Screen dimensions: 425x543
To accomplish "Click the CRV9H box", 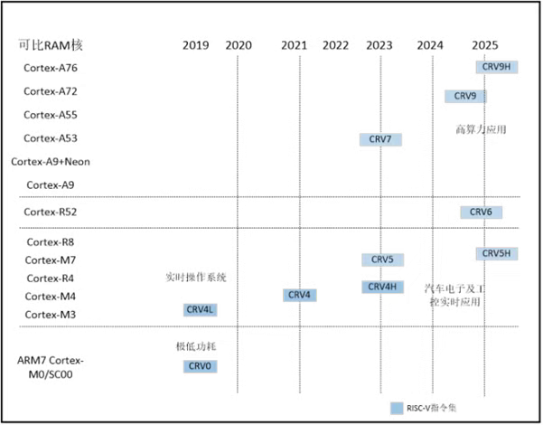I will (496, 67).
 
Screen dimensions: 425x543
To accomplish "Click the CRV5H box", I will (496, 254).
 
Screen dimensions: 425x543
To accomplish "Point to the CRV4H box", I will (383, 287).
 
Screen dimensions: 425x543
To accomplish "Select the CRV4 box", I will (300, 295).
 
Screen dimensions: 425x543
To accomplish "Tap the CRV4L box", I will (200, 310).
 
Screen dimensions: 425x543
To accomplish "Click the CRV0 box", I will (200, 366).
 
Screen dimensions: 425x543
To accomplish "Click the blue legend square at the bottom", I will (396, 406).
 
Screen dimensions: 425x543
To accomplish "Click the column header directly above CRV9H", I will (483, 42).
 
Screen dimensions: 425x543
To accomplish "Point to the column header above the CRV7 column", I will (377, 42).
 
